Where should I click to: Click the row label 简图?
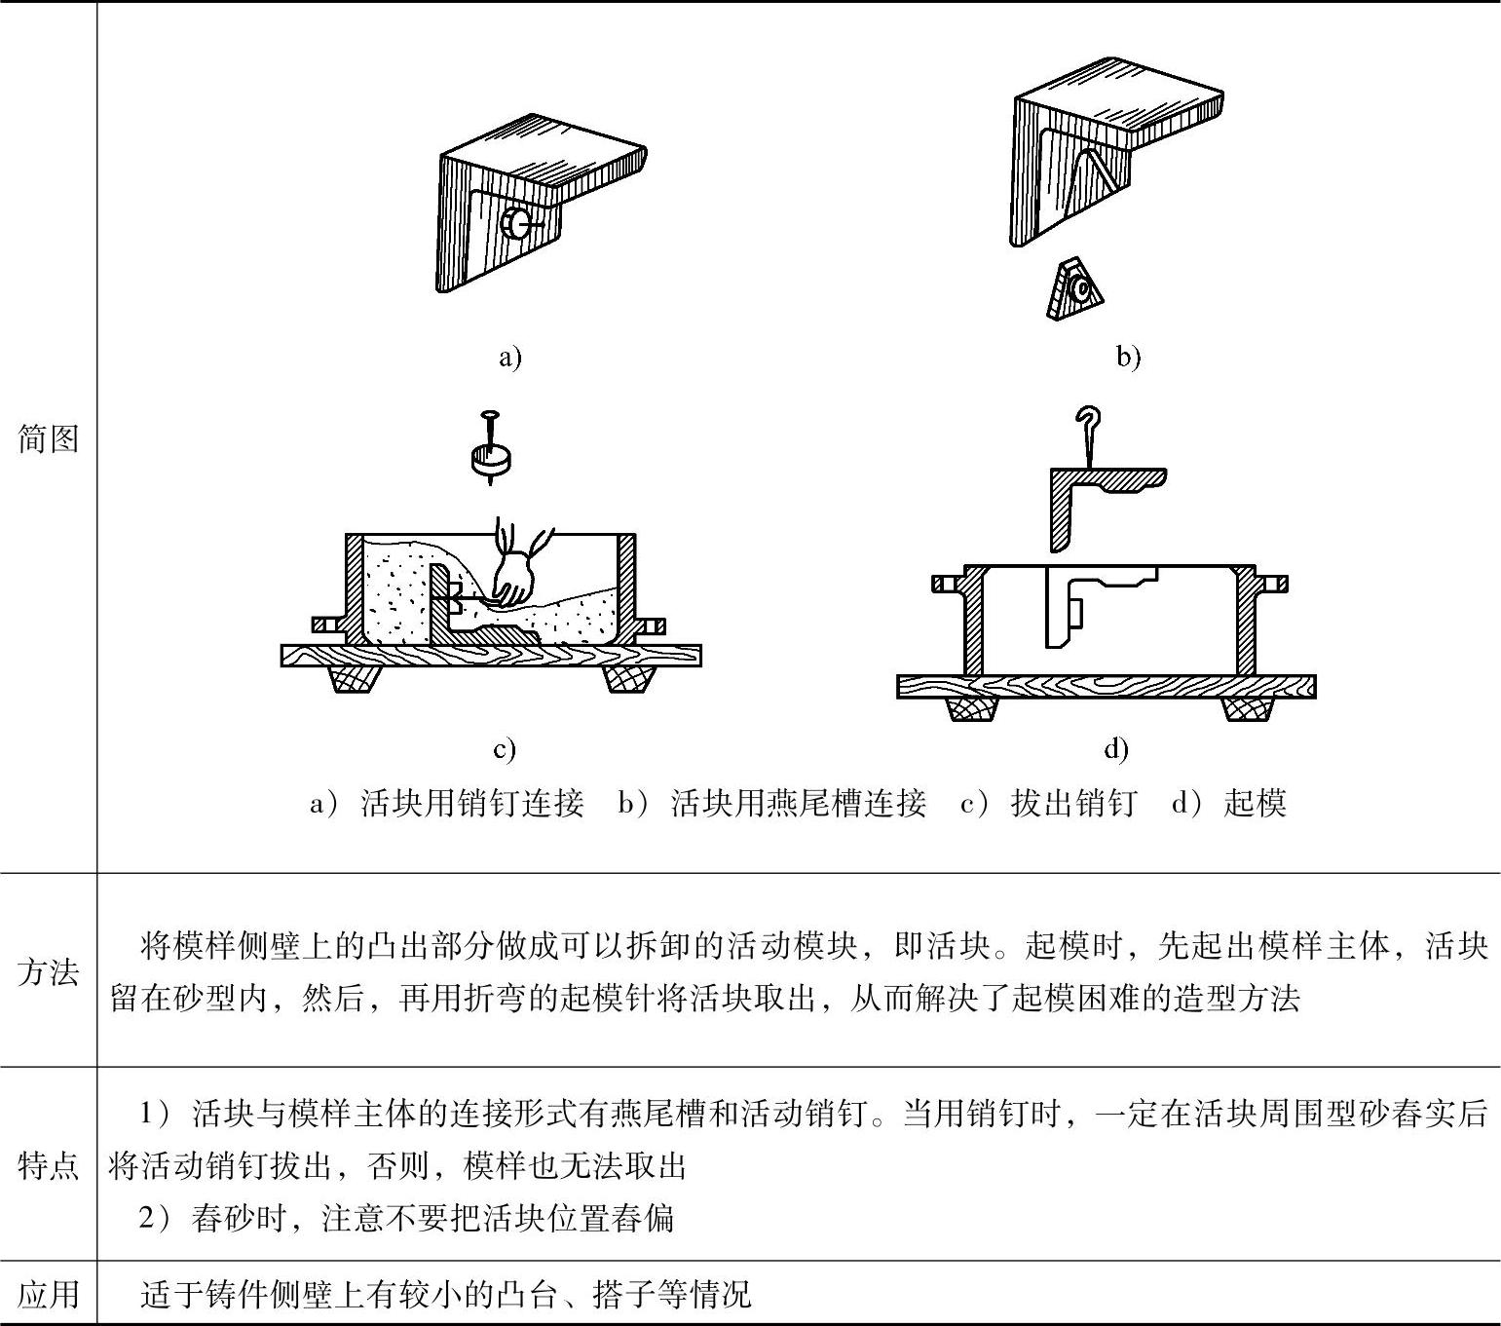point(49,439)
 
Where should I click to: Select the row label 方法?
point(49,971)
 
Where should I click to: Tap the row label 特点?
point(49,1164)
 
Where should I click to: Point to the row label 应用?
point(49,1294)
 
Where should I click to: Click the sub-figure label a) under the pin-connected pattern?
point(510,358)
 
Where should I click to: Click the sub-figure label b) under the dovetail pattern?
point(1128,358)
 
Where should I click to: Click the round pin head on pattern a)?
point(512,223)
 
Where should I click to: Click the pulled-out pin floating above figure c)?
point(492,450)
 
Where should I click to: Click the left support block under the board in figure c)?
point(352,678)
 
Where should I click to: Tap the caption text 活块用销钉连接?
point(472,803)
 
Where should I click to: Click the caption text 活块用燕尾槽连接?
point(799,803)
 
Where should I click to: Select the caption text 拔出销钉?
point(1073,803)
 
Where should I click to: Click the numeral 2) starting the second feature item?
point(155,1218)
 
